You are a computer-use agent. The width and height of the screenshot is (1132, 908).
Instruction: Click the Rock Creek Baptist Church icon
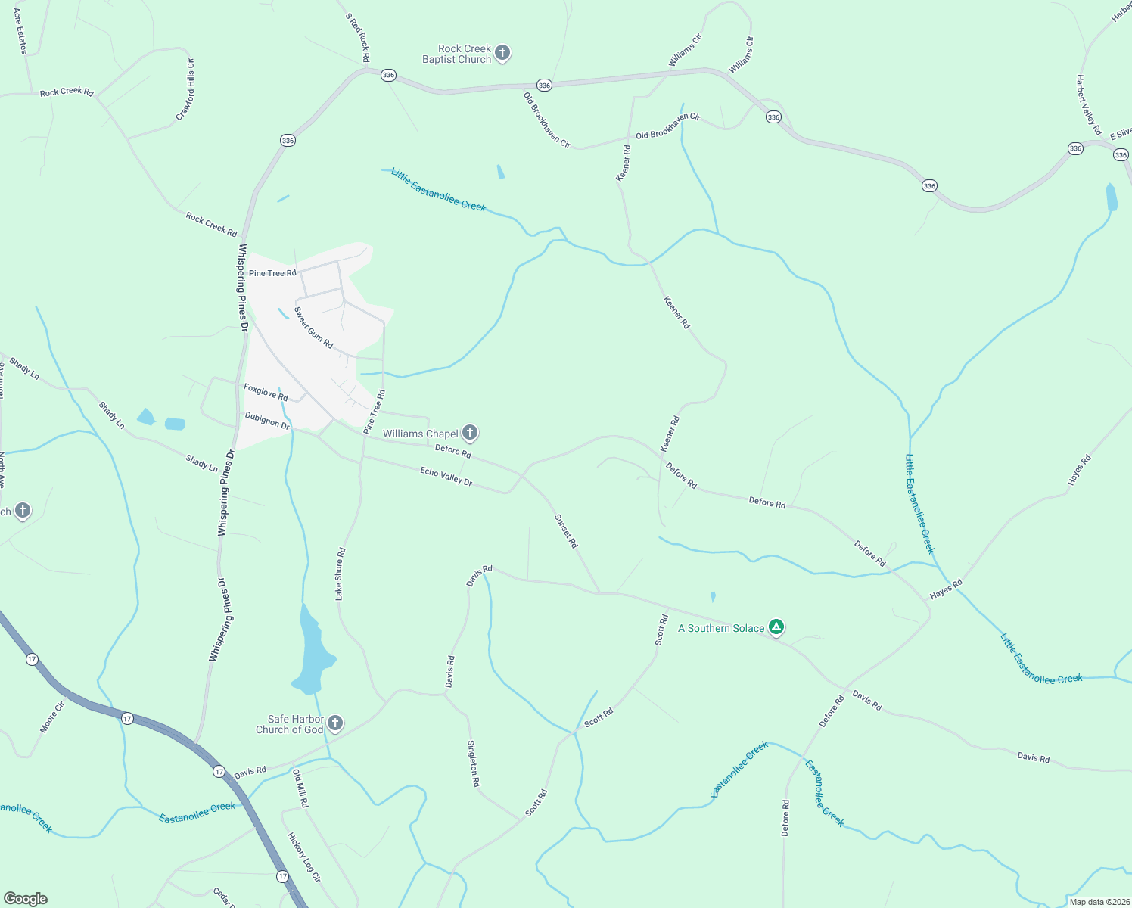[502, 54]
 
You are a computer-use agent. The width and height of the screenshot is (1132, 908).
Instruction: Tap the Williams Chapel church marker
[469, 433]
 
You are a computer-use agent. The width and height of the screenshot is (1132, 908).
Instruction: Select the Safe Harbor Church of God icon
[334, 723]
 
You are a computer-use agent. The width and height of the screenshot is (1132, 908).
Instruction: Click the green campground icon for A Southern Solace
[776, 627]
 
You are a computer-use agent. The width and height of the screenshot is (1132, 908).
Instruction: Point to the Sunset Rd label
[566, 531]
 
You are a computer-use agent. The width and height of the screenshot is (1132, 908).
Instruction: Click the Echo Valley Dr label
[446, 476]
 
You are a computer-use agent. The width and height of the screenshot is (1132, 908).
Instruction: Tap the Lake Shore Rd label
[340, 574]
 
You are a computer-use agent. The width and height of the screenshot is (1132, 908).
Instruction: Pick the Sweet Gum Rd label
[313, 327]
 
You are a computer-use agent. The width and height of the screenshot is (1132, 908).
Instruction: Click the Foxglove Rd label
[266, 391]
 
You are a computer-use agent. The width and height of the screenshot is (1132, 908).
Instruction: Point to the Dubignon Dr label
[267, 420]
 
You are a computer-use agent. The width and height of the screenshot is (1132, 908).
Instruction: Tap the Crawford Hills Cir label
[185, 89]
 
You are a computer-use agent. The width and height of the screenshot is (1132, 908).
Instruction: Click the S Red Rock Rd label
[358, 37]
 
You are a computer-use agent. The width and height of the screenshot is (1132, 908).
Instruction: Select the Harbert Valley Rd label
[1089, 104]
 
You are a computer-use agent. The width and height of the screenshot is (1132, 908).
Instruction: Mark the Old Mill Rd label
[300, 788]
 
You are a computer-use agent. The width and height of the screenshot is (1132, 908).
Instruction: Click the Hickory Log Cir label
[304, 857]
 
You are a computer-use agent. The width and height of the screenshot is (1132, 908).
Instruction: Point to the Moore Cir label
[52, 717]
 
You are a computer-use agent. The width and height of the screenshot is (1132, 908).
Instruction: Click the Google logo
[26, 898]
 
